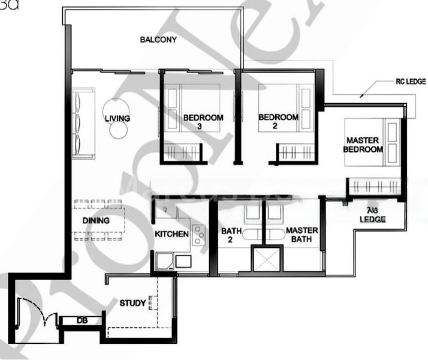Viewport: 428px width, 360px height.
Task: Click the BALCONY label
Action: (x=158, y=40)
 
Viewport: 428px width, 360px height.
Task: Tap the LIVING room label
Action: (x=117, y=118)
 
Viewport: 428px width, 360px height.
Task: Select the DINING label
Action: (x=96, y=221)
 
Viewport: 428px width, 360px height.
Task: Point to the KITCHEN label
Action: (x=172, y=233)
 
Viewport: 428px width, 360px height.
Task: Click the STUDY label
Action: (x=132, y=303)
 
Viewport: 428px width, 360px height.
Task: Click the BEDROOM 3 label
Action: (x=203, y=122)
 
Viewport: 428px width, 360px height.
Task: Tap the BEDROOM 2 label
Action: (x=278, y=122)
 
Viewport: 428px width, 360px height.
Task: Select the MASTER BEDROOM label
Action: (x=363, y=145)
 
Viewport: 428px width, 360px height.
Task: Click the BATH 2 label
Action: (x=231, y=235)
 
